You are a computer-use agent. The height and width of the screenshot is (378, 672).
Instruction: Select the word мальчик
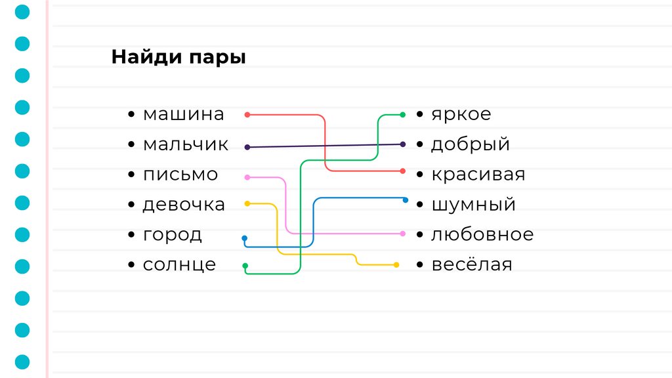pos(186,144)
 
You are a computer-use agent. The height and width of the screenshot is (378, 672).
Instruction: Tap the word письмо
pos(180,175)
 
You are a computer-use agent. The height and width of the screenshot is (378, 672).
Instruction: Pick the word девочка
pos(184,205)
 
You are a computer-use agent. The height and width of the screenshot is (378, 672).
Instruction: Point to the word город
pos(173,235)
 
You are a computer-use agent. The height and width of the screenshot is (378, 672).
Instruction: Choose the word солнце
pos(179,265)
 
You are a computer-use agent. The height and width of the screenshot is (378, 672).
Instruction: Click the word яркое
pos(461,114)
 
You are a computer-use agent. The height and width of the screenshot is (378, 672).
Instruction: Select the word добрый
pos(470,144)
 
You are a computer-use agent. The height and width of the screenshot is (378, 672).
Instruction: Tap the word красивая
pos(478,175)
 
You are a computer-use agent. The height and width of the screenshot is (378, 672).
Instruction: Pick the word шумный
pos(473,205)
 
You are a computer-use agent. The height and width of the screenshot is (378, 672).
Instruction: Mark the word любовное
pos(482,234)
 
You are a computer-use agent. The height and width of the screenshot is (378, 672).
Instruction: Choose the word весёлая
pos(471,265)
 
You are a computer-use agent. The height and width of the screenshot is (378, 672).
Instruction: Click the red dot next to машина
pos(247,115)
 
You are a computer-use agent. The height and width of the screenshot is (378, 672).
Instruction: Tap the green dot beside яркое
pos(403,115)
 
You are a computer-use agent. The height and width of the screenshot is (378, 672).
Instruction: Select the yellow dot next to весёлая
pos(396,265)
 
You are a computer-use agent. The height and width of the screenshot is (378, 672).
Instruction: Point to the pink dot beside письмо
pos(247,177)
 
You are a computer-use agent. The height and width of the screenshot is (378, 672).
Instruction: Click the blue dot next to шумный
pos(406,200)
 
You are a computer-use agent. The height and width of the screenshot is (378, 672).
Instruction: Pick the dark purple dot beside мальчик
pos(247,148)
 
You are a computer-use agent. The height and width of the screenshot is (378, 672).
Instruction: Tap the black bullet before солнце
pos(132,265)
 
